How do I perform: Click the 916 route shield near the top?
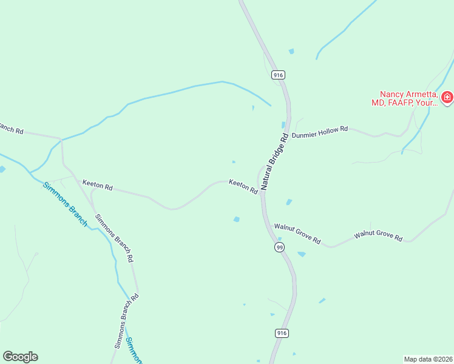pos(278,75)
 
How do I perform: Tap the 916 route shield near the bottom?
pos(280,333)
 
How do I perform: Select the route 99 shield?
pos(279,248)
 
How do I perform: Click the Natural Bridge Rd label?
pos(274,161)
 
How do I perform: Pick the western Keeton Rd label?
pos(98,185)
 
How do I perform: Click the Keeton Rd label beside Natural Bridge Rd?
pos(243,186)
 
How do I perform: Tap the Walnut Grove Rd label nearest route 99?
pos(297,234)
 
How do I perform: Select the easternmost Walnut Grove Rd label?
pos(379,235)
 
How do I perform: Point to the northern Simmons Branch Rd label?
pos(114,237)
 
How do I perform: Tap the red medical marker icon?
pos(447,97)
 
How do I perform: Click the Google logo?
pos(20,357)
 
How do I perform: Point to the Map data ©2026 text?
pos(428,359)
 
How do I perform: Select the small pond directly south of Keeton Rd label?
pos(236,219)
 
